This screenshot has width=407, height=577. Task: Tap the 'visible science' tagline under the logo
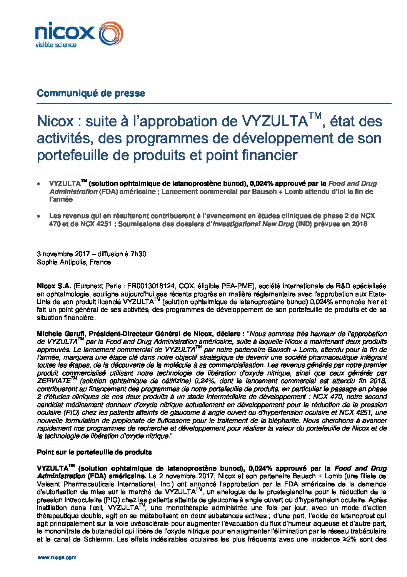click(x=56, y=45)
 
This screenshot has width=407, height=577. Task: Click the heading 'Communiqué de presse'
click(x=91, y=93)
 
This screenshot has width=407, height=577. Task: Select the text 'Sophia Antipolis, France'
click(x=74, y=262)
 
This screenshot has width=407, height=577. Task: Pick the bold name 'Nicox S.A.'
click(x=54, y=286)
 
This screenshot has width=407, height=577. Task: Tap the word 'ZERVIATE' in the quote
click(x=54, y=381)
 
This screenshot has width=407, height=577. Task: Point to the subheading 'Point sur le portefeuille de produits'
click(x=94, y=453)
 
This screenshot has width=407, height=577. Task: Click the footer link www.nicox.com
click(x=57, y=558)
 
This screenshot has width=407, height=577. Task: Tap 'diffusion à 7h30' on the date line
click(x=119, y=254)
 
